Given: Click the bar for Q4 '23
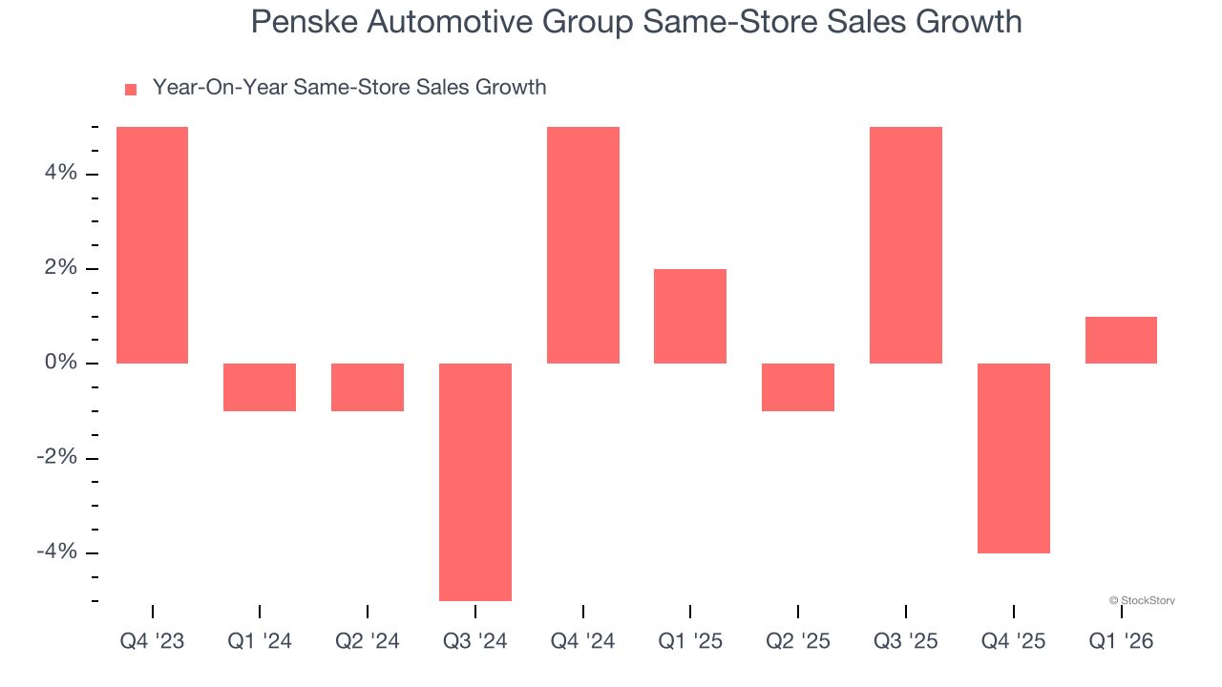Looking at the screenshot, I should click(x=152, y=245).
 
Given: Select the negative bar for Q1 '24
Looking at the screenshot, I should click(x=260, y=387).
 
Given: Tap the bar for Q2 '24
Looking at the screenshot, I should click(x=368, y=387).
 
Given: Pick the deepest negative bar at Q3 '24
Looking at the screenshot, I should click(x=475, y=482).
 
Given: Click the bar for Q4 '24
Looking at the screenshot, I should click(x=583, y=245).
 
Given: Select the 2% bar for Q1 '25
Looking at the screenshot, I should click(x=690, y=316).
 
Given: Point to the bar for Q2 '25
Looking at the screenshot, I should click(x=798, y=387).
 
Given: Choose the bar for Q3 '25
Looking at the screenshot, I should click(x=906, y=245).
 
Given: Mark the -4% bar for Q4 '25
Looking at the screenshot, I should click(x=1014, y=458).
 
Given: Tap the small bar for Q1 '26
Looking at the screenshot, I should click(x=1121, y=340).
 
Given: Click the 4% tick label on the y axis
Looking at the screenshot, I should click(x=59, y=174).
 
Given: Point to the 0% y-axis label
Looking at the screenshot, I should click(x=59, y=364).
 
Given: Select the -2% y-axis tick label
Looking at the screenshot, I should click(x=55, y=458).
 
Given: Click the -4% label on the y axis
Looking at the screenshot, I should click(x=55, y=552).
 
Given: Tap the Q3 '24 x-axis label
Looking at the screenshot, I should click(x=475, y=642).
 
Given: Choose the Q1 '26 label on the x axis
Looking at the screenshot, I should click(x=1121, y=642).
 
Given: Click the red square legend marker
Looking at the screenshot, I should click(x=131, y=90).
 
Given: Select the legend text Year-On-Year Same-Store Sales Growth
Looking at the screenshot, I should click(x=349, y=88).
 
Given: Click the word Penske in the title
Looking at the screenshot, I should click(x=302, y=21).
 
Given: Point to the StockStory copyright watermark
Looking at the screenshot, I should click(x=1142, y=601).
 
